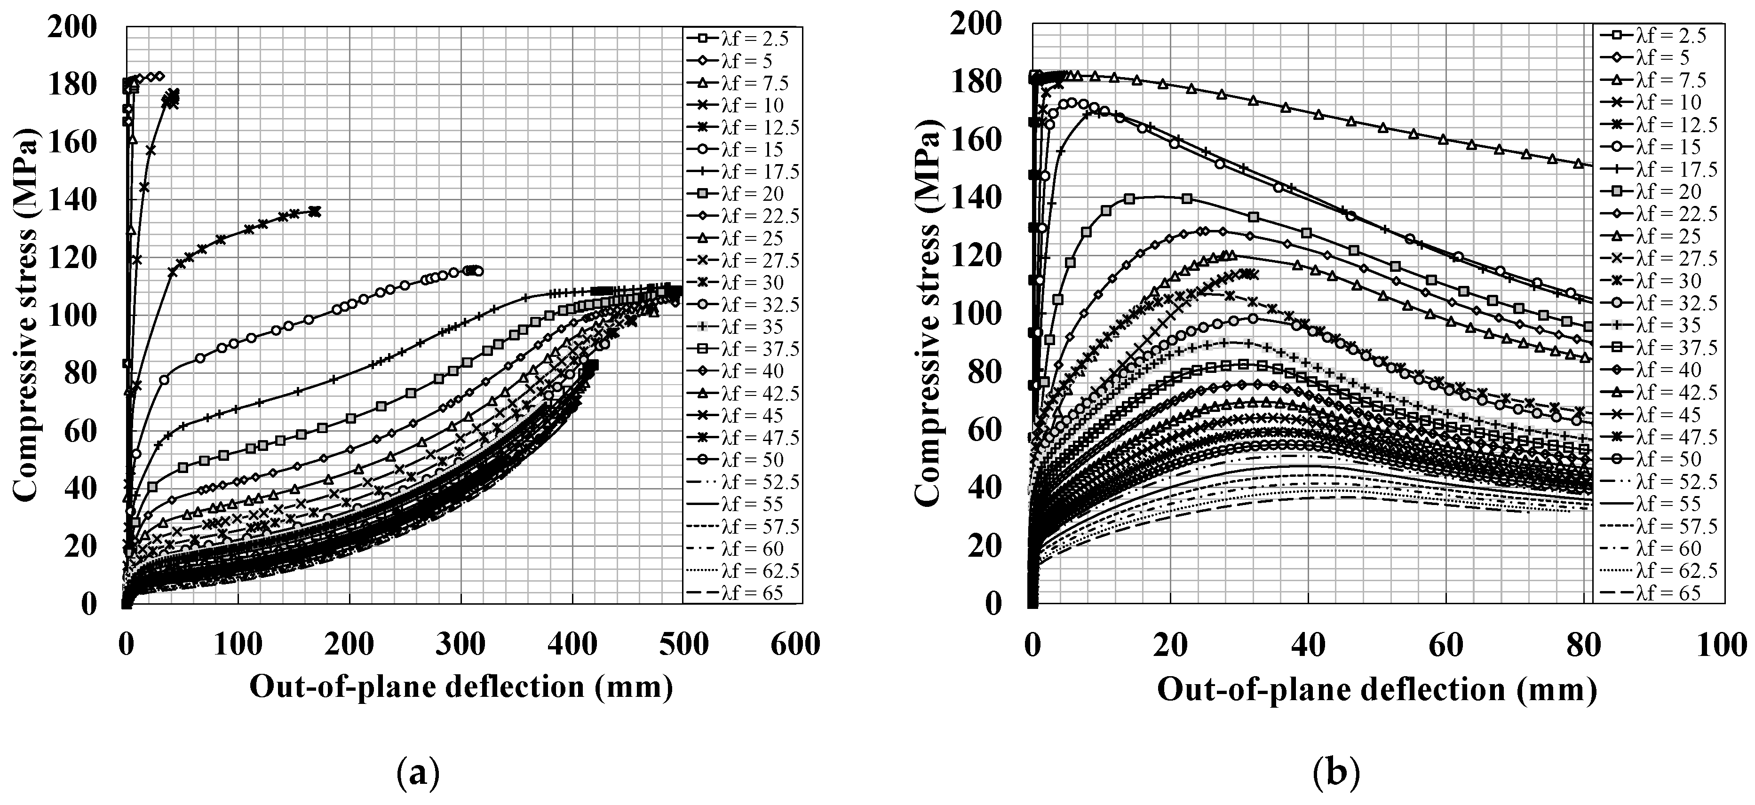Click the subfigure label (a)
pyautogui.click(x=418, y=775)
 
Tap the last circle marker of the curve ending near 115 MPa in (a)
pyautogui.click(x=478, y=271)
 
